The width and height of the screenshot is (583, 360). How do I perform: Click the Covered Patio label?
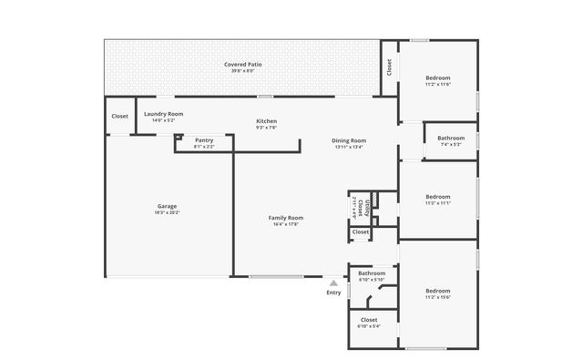243,66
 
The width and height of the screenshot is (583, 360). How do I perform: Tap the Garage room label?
167,206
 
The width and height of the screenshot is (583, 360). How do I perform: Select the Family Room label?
285,218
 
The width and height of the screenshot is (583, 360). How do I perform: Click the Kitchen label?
266,121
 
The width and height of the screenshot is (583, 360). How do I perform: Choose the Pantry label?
204,140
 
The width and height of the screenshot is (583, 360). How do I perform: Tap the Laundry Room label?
164,114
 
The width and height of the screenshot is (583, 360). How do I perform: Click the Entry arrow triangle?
333,283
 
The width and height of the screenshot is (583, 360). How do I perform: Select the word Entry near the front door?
333,293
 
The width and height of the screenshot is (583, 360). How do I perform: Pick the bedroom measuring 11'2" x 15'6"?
437,293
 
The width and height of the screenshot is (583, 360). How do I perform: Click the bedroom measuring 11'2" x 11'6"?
438,78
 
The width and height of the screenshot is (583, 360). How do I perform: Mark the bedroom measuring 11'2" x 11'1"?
438,197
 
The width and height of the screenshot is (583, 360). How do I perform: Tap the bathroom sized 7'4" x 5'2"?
451,140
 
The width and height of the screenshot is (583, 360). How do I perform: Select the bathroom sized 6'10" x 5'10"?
371,275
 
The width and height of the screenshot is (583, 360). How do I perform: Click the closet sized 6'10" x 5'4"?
369,321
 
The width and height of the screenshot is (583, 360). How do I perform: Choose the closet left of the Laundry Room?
119,117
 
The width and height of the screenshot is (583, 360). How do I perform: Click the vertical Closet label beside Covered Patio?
389,67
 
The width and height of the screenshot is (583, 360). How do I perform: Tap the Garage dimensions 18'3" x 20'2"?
167,212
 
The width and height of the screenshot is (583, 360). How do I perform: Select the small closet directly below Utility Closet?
361,232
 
